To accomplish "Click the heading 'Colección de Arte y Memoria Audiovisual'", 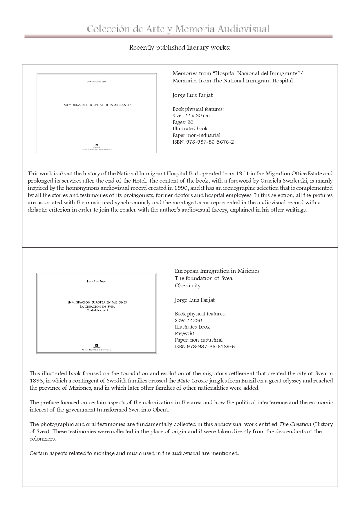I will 178,29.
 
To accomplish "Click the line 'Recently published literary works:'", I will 180,48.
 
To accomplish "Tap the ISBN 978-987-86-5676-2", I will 203,142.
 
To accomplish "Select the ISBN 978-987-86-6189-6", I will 205,346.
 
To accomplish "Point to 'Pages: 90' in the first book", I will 183,122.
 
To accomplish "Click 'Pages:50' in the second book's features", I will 184,333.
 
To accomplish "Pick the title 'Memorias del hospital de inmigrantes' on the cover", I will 97,105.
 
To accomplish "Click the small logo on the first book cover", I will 97,145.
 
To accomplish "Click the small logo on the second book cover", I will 97,345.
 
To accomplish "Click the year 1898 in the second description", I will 36,381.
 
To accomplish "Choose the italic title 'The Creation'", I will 295,424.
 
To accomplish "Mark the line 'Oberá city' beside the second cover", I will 188,286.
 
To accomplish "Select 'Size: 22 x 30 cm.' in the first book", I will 192,115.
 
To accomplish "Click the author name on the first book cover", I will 97,82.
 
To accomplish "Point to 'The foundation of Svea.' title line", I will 204,278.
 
